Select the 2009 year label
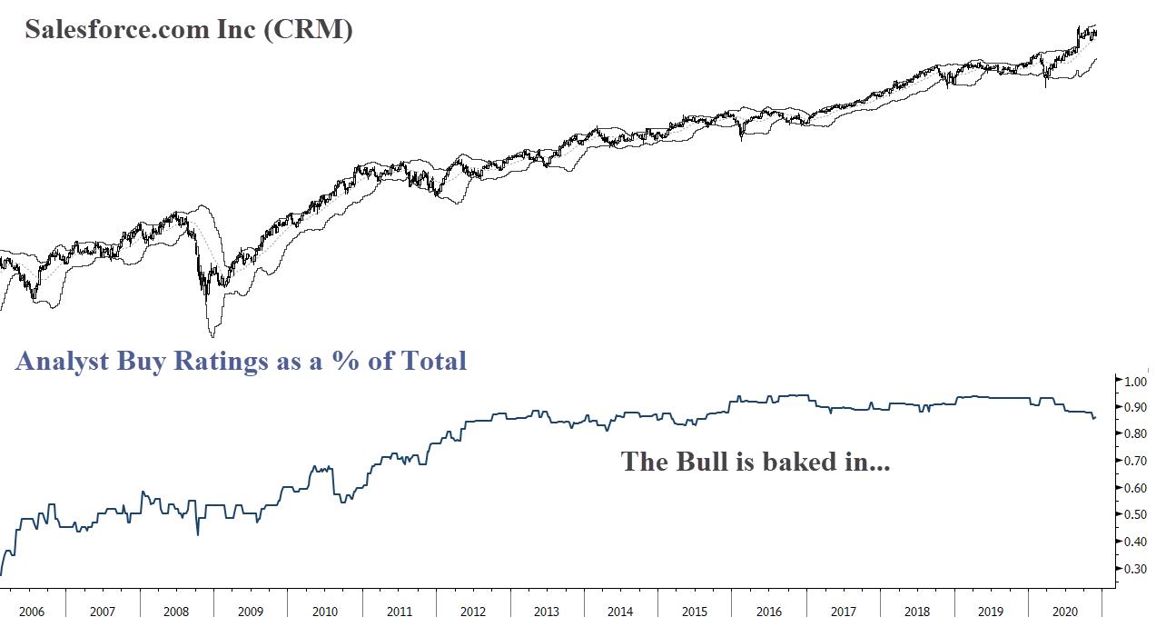pos(250,611)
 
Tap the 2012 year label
pos(472,611)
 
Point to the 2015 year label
pos(695,611)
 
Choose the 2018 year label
pos(917,611)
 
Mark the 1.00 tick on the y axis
pos(1136,382)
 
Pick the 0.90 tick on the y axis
pos(1136,408)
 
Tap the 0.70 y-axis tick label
pos(1136,462)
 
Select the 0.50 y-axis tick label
pos(1136,515)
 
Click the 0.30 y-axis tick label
pos(1136,569)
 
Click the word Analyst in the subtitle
pos(61,362)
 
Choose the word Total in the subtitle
pos(433,362)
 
